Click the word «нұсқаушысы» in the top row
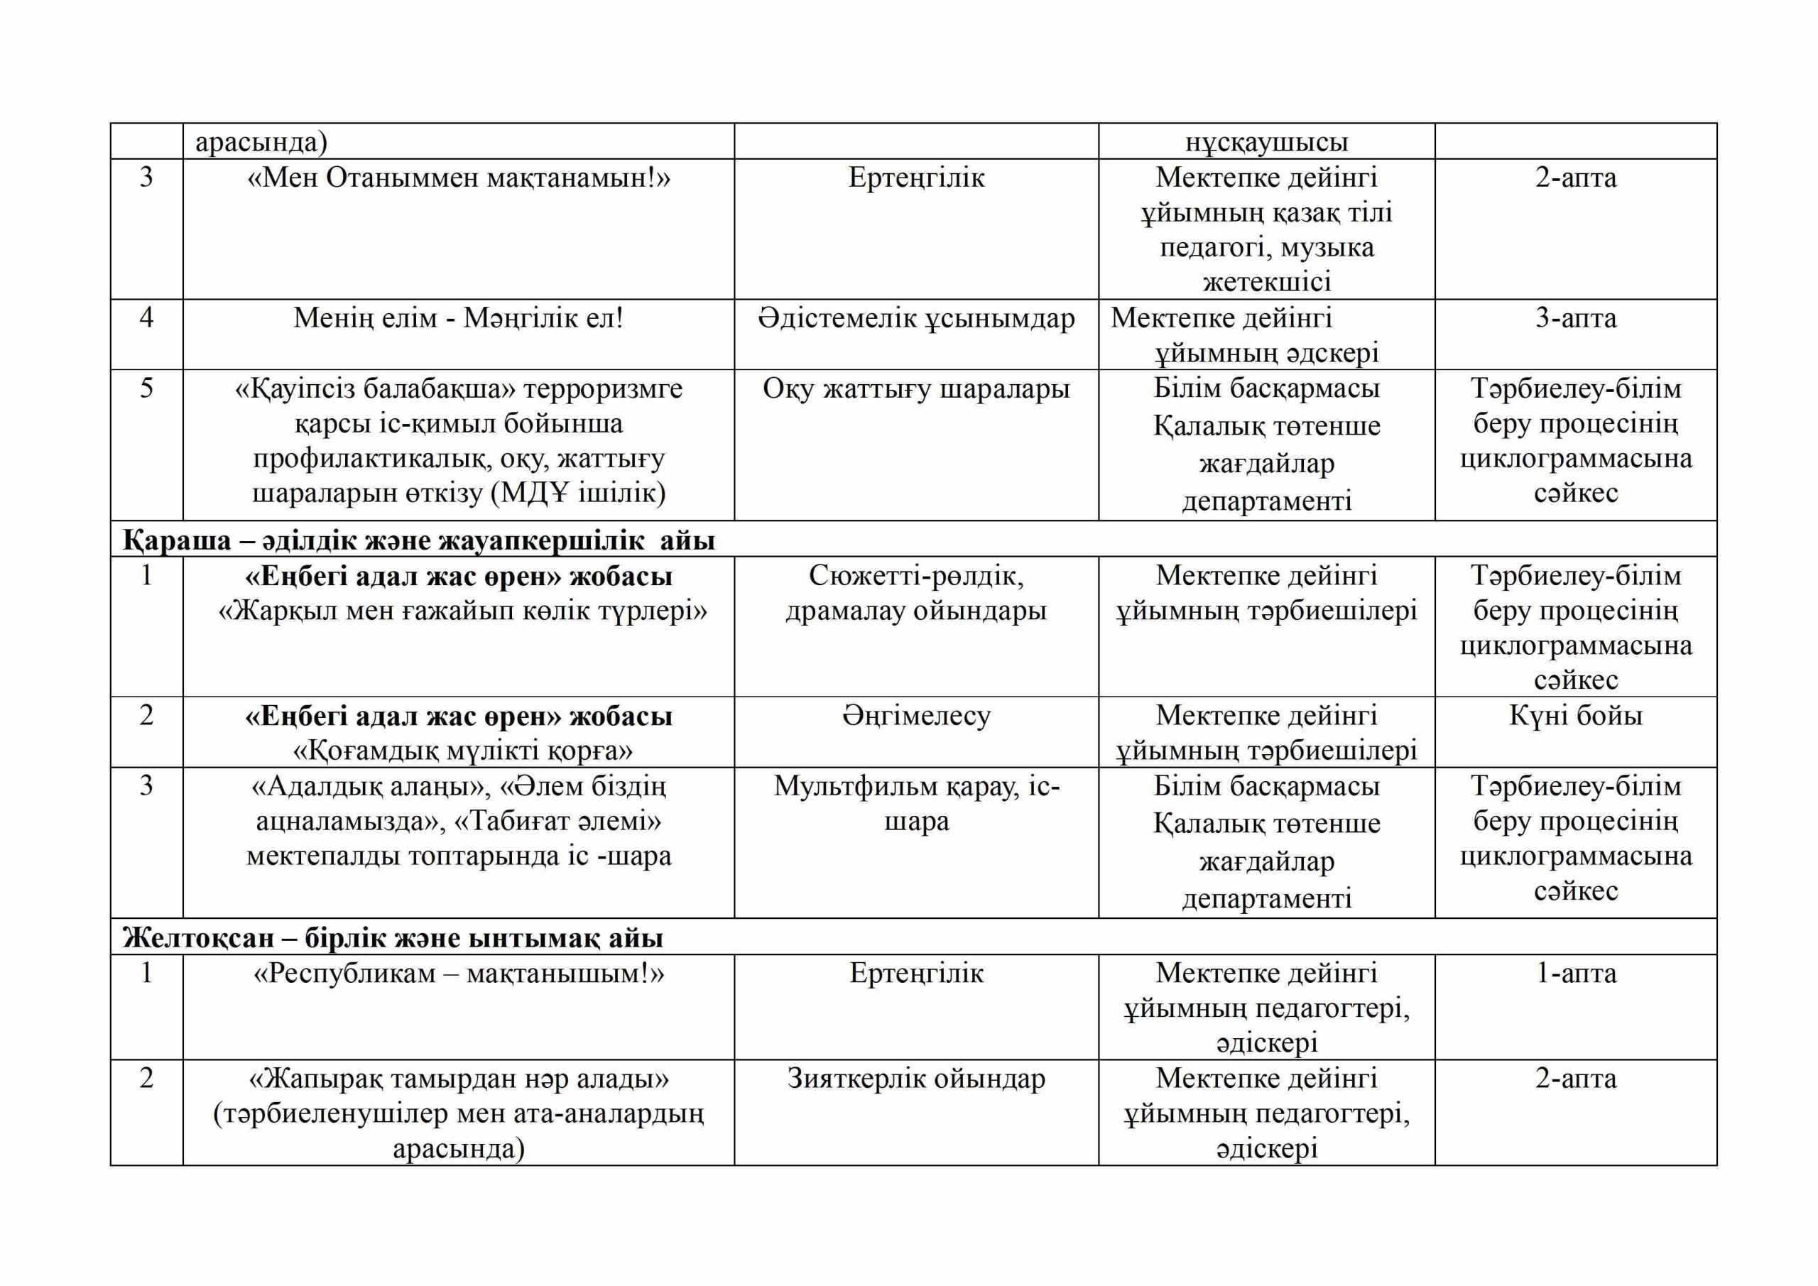click(x=1266, y=143)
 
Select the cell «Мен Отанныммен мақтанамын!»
click(x=459, y=178)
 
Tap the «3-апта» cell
click(x=1575, y=318)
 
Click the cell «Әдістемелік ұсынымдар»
click(x=916, y=318)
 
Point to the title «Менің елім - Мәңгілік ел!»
click(x=459, y=318)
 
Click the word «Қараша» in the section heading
click(x=177, y=541)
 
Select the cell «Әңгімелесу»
click(x=916, y=716)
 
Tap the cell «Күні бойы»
click(x=1575, y=716)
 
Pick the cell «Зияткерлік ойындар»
click(x=916, y=1079)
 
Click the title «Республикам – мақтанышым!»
click(x=459, y=974)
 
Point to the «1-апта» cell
click(x=1575, y=974)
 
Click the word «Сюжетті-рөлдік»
click(x=916, y=576)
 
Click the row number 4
click(x=146, y=318)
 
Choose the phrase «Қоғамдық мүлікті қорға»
click(x=462, y=751)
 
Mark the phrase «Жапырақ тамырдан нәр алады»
click(x=459, y=1079)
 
